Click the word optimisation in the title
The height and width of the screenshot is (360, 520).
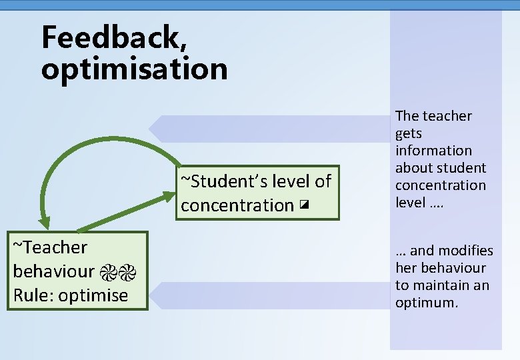[134, 69]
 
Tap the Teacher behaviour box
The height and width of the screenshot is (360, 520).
[77, 271]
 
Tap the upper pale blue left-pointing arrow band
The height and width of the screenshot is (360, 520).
[267, 129]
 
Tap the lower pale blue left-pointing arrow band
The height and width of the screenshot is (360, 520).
[267, 295]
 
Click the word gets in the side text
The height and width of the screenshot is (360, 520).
[409, 133]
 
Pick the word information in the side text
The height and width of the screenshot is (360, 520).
[433, 151]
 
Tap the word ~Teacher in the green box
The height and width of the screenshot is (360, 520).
[50, 247]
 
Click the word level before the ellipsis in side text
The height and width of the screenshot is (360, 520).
[410, 203]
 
